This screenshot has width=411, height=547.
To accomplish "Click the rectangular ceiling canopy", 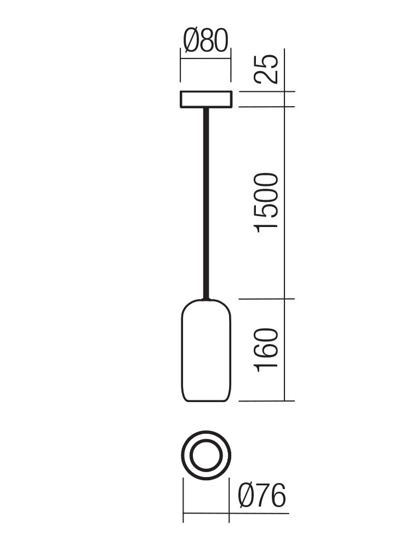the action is [x=206, y=99].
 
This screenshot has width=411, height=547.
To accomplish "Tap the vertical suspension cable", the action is [x=206, y=203].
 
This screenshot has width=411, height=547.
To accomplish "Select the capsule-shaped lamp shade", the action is [x=206, y=350].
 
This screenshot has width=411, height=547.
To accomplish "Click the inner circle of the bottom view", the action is [x=206, y=455].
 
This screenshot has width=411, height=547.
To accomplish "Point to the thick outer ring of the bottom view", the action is [x=206, y=433].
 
